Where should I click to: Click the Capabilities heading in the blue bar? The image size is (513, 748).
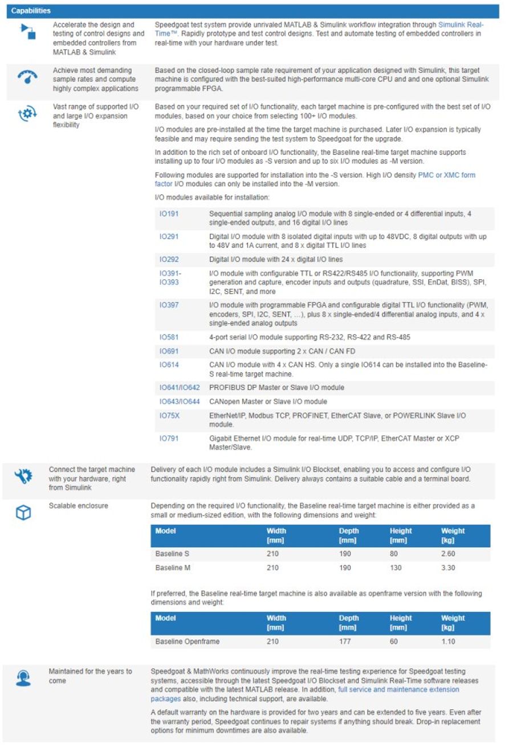[x=31, y=11]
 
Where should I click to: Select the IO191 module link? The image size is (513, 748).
[x=169, y=214]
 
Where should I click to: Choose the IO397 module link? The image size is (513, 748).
[x=169, y=305]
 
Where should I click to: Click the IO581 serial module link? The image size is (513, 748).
[x=169, y=337]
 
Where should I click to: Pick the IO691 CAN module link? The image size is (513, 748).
[x=169, y=351]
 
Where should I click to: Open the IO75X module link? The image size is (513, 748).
[x=169, y=415]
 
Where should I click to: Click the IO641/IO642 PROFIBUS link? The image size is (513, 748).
[x=180, y=387]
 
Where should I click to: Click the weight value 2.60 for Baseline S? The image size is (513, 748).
[x=448, y=554]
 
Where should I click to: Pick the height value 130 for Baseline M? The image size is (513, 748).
[x=396, y=568]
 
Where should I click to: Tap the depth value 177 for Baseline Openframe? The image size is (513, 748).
[x=345, y=641]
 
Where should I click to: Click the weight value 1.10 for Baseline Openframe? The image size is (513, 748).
[x=448, y=641]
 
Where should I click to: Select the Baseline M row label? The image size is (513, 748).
[x=169, y=568]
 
